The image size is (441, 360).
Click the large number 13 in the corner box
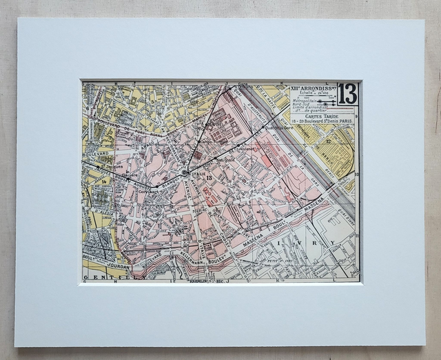tap(347, 94)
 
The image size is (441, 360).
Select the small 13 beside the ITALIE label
tap(209, 178)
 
